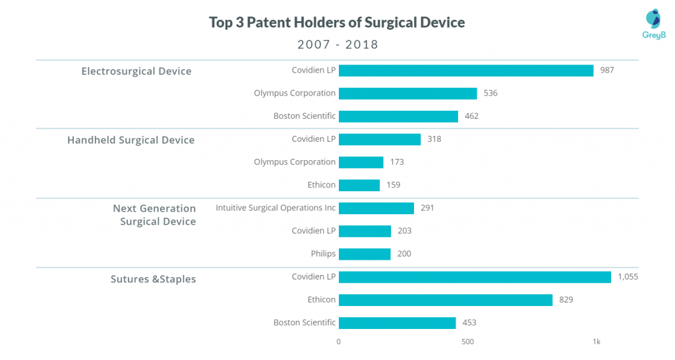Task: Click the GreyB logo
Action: (653, 24)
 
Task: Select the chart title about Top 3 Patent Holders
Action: (337, 22)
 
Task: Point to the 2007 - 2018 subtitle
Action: (338, 44)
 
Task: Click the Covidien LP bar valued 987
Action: (466, 71)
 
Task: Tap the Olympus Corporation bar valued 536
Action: (407, 94)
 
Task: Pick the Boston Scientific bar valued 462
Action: (398, 116)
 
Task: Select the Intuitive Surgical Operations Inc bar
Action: (376, 208)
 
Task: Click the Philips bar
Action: (365, 254)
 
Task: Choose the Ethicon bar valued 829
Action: (446, 300)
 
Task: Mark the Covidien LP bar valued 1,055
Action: (475, 277)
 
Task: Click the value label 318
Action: (434, 139)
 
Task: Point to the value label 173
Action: (397, 162)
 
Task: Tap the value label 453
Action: (469, 322)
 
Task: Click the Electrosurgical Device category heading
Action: (136, 71)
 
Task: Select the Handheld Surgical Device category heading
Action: (131, 140)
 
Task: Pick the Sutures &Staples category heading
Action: (153, 279)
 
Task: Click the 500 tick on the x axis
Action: (467, 342)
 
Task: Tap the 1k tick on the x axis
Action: (596, 342)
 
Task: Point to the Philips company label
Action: (323, 254)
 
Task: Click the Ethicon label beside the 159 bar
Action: (321, 185)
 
